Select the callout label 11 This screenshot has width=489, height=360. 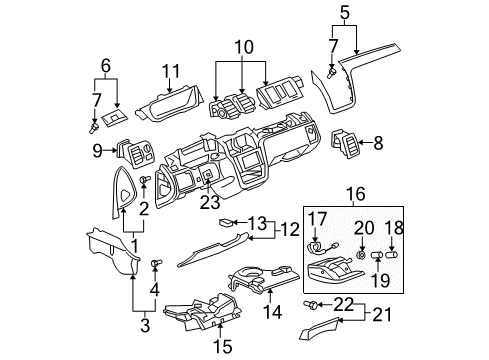click(x=171, y=72)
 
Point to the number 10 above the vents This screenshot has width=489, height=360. click(x=245, y=47)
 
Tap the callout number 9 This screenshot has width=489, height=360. click(x=97, y=152)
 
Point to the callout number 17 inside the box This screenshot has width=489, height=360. click(x=319, y=219)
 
